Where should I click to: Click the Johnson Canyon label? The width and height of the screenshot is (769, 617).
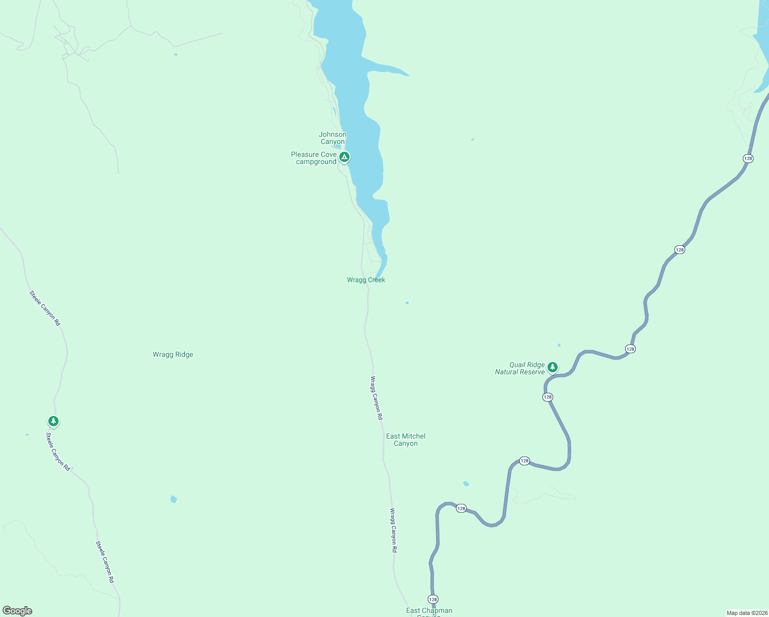333,138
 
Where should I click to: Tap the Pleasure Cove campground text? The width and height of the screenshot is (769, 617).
314,158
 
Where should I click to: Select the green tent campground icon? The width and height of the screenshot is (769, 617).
344,157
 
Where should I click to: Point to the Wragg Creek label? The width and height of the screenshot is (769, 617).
365,280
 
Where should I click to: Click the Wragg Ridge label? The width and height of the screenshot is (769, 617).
173,354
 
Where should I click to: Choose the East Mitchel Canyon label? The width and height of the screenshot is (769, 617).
406,440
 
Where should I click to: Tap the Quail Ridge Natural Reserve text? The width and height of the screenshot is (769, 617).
520,368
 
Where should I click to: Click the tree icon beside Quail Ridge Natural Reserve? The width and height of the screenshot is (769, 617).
553,367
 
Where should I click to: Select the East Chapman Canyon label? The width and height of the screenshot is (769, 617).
429,611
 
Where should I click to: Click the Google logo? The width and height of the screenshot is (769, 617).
17,611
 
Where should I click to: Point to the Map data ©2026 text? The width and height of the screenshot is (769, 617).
746,613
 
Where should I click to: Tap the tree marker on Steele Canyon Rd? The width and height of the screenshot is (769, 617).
53,421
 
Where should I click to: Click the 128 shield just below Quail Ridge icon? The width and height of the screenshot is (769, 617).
547,397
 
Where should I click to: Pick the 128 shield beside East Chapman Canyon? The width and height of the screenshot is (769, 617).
433,600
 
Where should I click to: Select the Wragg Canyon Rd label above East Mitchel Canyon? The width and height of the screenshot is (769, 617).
376,398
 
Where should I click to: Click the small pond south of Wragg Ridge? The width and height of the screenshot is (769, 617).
174,499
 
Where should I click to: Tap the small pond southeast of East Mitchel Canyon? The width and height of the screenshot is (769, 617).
466,483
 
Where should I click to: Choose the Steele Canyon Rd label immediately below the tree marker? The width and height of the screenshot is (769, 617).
58,451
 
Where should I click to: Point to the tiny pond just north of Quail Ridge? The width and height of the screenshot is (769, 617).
559,345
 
